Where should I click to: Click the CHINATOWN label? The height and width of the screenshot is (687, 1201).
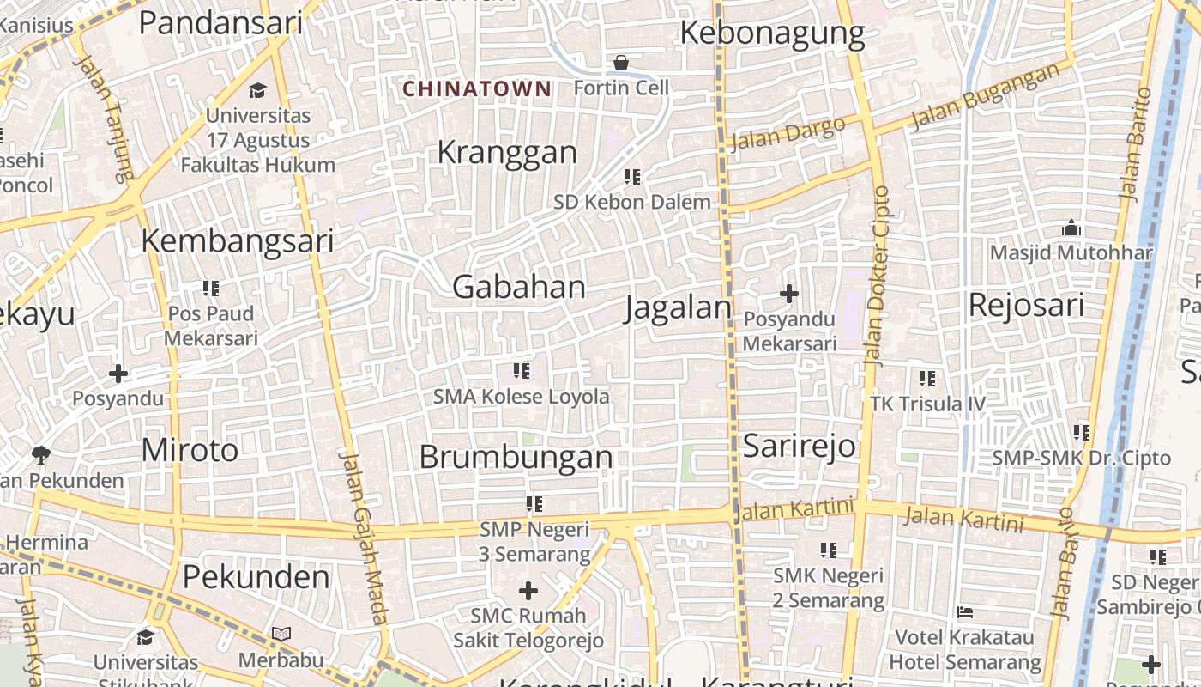tap(477, 88)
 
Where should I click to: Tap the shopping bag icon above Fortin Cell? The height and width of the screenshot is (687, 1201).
tap(620, 63)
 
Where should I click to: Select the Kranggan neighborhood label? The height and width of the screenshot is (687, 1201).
tap(507, 152)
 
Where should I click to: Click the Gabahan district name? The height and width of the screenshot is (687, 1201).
tap(518, 287)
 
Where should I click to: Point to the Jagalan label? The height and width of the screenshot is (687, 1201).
tap(678, 307)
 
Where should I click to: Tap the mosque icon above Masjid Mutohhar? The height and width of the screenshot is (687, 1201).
tap(1071, 228)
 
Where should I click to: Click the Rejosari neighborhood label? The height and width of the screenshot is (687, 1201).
tap(1026, 305)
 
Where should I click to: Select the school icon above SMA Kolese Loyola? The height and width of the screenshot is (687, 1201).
tap(522, 371)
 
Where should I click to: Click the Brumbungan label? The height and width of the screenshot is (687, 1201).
tap(516, 456)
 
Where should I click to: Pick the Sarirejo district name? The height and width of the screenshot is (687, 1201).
tap(799, 446)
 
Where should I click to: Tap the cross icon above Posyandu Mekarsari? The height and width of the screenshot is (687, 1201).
tap(788, 295)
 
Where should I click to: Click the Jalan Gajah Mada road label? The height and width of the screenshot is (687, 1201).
tap(364, 537)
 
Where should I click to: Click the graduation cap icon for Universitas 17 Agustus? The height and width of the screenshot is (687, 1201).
tap(257, 90)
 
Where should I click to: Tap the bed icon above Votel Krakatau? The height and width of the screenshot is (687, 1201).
tap(965, 612)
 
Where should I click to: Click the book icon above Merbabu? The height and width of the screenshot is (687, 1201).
tap(281, 635)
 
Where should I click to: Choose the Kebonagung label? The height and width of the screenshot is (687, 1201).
tap(772, 33)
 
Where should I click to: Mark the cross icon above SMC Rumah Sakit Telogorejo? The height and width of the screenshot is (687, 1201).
tap(528, 591)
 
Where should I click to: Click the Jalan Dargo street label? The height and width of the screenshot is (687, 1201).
tap(787, 133)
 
